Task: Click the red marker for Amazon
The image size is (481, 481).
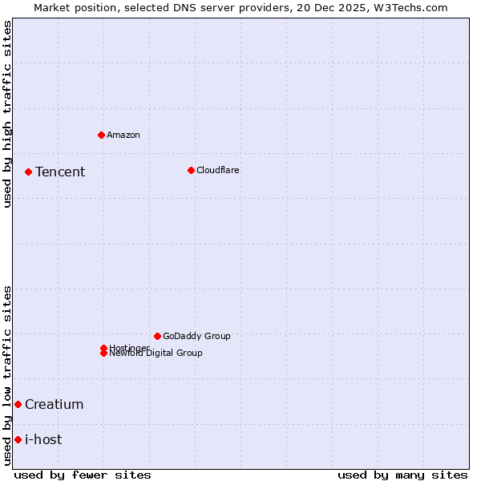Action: pos(101,135)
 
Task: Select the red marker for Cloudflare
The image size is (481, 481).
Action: pos(191,170)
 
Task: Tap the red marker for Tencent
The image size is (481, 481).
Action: pos(28,172)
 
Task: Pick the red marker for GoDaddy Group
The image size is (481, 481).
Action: pos(157,336)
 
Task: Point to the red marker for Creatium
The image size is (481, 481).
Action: pos(18,404)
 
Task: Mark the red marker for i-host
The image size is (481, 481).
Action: pos(18,439)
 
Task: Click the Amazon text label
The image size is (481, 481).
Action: pos(123,135)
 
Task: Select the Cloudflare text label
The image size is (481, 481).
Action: pos(218,170)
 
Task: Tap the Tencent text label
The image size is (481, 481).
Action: pos(60,172)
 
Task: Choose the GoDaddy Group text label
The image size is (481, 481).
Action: pos(196,336)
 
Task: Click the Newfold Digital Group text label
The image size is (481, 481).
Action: pos(156,353)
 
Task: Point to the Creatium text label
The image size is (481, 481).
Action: pos(55,404)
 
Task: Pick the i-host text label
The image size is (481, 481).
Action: pos(43,439)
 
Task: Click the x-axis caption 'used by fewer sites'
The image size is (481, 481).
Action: pos(83,475)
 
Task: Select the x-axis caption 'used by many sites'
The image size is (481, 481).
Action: pos(402,475)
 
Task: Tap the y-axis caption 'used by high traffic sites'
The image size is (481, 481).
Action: pos(7,114)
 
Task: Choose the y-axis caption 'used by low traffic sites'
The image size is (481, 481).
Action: pos(7,375)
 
